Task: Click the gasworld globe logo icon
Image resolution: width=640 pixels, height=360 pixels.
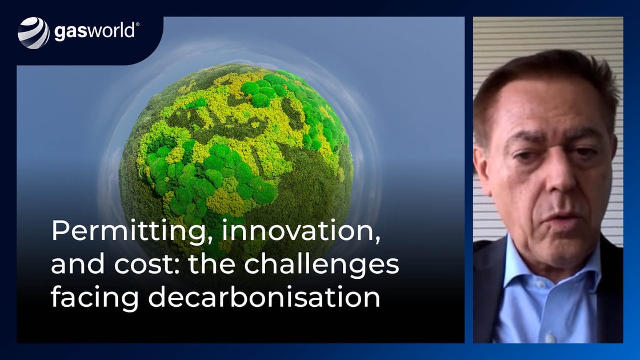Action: [34, 33]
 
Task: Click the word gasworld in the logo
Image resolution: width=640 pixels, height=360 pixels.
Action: [94, 31]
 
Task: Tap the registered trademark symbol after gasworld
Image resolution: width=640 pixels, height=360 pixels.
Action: [138, 25]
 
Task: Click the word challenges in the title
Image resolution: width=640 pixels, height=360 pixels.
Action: [321, 265]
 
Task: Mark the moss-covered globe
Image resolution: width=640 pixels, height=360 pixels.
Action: [237, 163]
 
